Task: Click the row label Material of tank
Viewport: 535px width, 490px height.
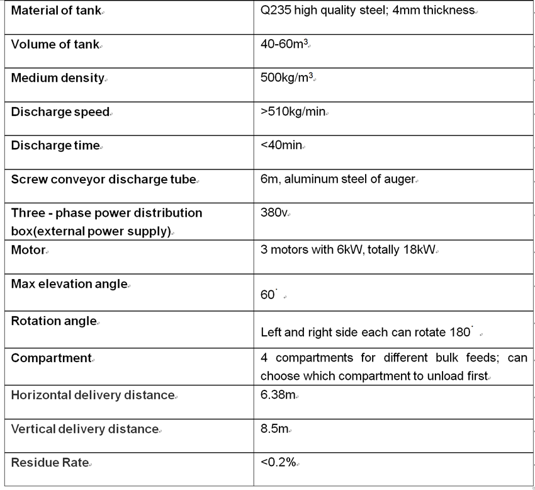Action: (x=56, y=11)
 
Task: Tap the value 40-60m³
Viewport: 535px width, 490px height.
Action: (x=284, y=44)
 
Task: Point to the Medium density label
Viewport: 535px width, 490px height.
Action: (x=57, y=78)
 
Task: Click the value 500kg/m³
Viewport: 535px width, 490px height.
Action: (x=286, y=78)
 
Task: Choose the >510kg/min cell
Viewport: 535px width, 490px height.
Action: (x=293, y=111)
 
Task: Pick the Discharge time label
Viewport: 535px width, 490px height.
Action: (x=55, y=145)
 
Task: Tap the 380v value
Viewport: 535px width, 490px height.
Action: (x=274, y=212)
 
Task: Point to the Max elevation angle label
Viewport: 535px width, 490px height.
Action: (x=69, y=283)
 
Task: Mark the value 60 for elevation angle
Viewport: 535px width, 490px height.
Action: (x=267, y=295)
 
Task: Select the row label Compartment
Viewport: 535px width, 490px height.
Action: (x=51, y=358)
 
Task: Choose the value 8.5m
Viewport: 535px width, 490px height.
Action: (x=274, y=429)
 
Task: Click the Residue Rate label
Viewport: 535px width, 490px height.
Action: (x=50, y=462)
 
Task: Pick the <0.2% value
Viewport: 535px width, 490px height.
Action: (x=278, y=462)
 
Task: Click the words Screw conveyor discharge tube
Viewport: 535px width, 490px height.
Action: (x=103, y=179)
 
